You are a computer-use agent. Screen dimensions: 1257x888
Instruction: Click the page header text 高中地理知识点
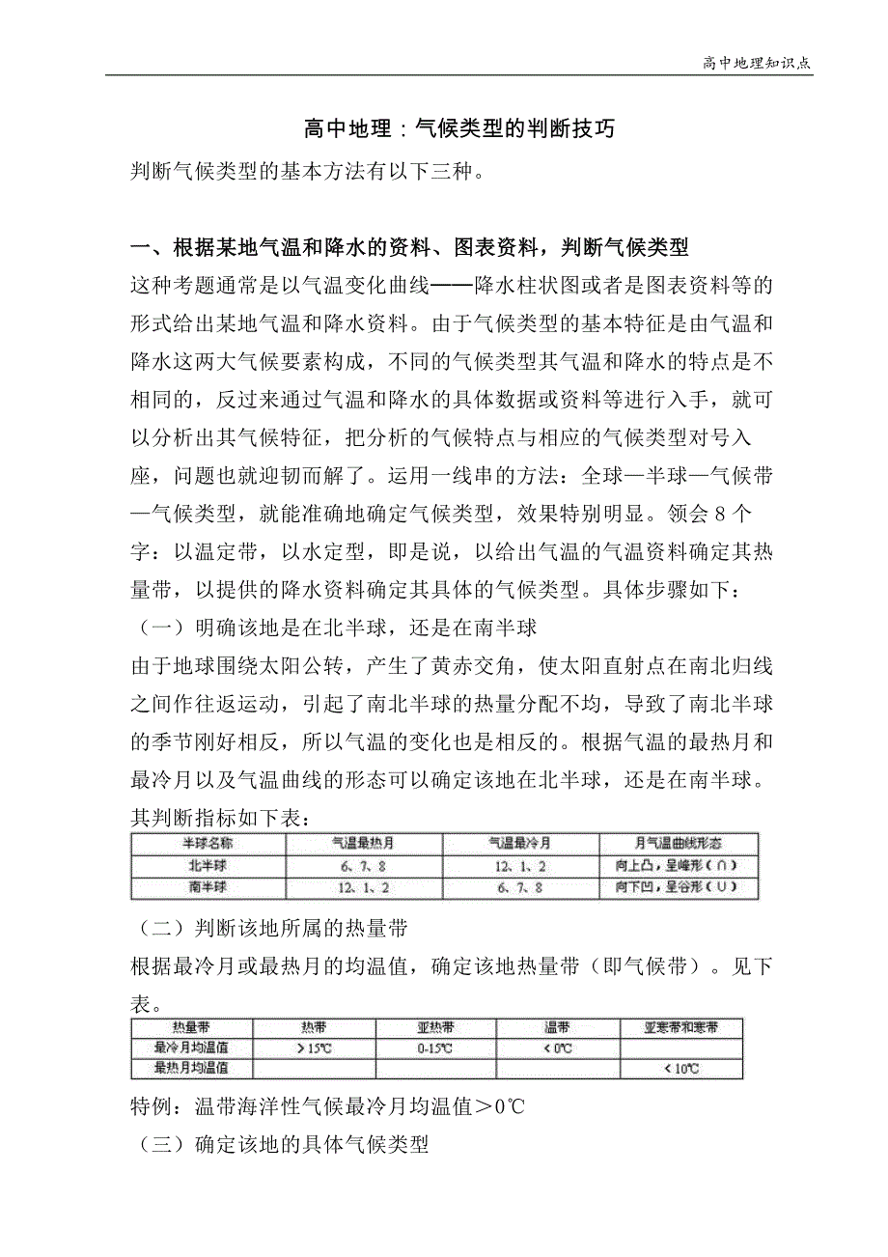756,63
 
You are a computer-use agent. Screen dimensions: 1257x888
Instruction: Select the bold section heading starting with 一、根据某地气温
410,247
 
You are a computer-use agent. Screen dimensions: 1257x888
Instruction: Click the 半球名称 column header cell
208,843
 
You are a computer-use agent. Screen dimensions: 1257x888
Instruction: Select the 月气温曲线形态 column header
679,843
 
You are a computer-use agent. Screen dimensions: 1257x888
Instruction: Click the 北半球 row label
208,864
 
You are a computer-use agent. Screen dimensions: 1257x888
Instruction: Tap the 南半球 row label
208,886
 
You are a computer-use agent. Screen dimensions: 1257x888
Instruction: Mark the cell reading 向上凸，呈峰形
679,864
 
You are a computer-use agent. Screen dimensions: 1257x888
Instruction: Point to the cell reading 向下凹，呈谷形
679,886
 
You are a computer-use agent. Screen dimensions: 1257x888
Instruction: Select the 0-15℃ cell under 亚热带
435,1047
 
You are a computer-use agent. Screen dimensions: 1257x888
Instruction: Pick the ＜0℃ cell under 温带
557,1047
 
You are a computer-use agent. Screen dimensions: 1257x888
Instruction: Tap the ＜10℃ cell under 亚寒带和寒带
681,1069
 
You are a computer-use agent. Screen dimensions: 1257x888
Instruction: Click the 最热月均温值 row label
192,1069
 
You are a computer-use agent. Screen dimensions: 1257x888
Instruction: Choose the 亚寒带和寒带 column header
681,1027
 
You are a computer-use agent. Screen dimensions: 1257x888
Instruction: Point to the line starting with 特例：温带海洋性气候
328,1106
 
